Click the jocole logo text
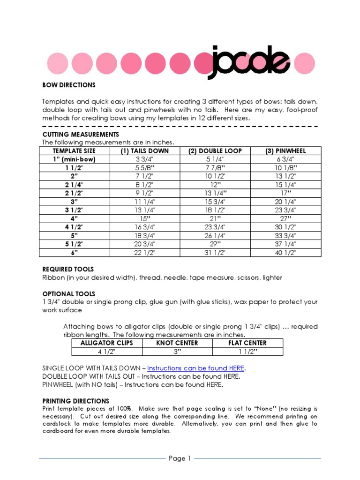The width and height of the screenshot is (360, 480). pos(248,61)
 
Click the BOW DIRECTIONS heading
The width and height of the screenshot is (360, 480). pos(69,85)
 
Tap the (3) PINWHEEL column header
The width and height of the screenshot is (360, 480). pos(286,151)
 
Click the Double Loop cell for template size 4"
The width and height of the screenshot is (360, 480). pos(215,219)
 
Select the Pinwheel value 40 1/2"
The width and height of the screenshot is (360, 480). pos(286,253)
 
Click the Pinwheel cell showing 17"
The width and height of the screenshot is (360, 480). pos(286,193)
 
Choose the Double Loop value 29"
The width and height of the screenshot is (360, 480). pos(215,244)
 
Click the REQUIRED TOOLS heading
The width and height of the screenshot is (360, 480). pos(68,269)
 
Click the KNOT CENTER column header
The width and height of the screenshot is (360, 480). pos(177,343)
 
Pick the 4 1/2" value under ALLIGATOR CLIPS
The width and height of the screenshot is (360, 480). pos(106,352)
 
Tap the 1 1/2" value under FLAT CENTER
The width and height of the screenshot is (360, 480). pos(247,352)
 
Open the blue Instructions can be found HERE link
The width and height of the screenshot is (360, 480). pos(196,368)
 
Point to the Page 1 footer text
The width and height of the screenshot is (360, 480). pos(180,458)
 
